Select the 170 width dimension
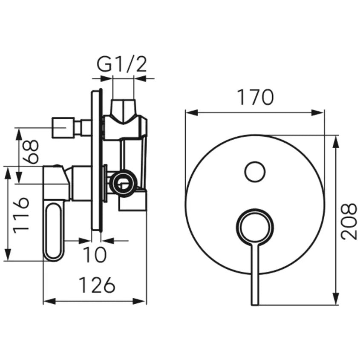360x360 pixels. pyautogui.click(x=255, y=98)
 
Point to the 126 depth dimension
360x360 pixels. pyautogui.click(x=97, y=285)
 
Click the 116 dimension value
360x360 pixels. pyautogui.click(x=21, y=215)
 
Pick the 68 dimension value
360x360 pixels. pyautogui.click(x=31, y=152)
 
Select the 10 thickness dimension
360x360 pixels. pyautogui.click(x=95, y=254)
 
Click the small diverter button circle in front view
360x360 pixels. pyautogui.click(x=255, y=172)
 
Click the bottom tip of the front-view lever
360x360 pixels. pyautogui.click(x=255, y=305)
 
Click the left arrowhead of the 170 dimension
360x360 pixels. pyautogui.click(x=191, y=113)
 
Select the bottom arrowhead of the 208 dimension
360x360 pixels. pyautogui.click(x=336, y=299)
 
